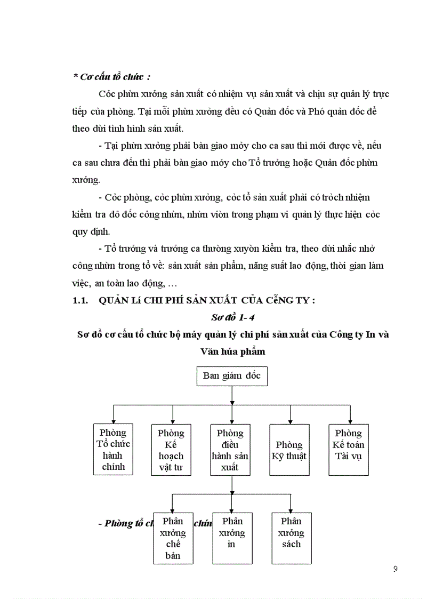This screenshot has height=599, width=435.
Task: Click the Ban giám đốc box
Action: point(231,376)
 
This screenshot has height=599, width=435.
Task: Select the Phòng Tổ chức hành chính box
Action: point(112,450)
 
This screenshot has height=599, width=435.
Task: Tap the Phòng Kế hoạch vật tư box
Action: point(171,450)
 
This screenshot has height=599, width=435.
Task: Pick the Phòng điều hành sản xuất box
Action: point(231,450)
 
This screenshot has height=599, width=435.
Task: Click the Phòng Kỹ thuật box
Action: point(289,450)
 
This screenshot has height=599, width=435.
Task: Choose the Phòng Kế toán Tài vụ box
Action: point(349,450)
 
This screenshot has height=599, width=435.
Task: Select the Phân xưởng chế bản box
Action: point(173,538)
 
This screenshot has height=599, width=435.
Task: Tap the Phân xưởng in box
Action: point(232,538)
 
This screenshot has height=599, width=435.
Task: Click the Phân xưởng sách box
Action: point(292,538)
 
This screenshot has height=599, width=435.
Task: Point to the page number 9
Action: point(395,569)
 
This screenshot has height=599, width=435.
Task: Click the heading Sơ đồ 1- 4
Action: point(233,317)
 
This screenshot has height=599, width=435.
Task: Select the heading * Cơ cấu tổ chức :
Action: point(111,76)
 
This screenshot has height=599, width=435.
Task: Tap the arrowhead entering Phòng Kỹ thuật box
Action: point(290,421)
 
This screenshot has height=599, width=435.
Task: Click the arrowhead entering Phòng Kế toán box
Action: point(350,421)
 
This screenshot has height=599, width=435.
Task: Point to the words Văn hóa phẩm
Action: point(232,352)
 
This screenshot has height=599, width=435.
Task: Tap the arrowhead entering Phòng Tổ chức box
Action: point(113,421)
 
